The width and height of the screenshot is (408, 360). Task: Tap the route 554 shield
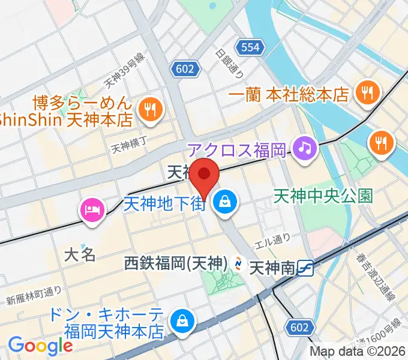248,47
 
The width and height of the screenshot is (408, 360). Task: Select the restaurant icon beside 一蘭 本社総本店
365,92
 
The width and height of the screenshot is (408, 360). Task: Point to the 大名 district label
80,254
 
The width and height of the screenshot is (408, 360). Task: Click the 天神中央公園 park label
324,195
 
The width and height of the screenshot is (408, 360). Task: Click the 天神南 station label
273,265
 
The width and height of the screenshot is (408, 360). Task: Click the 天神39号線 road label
125,68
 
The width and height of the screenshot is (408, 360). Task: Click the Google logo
40,346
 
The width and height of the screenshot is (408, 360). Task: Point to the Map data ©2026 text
358,352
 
